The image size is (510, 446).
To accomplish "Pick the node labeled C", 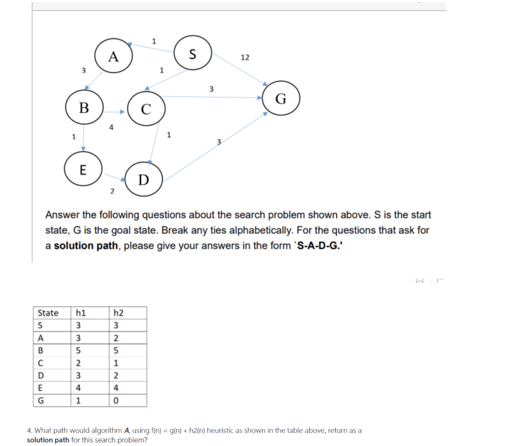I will (x=146, y=109).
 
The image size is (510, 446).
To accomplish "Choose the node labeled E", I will (x=83, y=169).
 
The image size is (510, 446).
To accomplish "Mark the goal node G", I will (x=281, y=98).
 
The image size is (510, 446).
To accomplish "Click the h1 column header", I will (x=80, y=313).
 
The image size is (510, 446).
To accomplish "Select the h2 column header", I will (x=119, y=313).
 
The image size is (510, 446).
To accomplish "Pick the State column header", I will (x=48, y=313).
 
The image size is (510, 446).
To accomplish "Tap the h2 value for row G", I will (x=116, y=401).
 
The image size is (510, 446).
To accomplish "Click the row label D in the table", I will (x=41, y=375).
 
